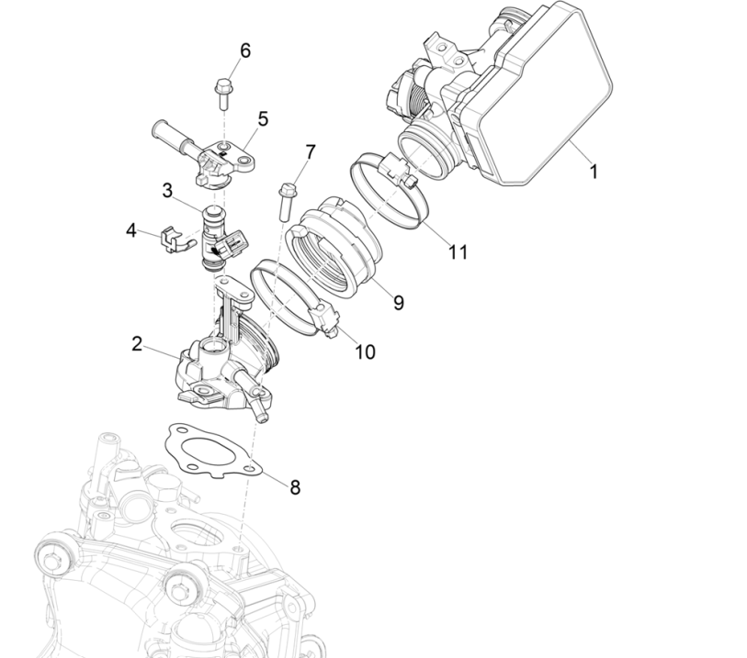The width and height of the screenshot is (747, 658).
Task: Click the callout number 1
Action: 593,171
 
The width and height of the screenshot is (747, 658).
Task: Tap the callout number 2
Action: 137,344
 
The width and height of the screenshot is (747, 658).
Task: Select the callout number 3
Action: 167,190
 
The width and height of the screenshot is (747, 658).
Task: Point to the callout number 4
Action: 131,230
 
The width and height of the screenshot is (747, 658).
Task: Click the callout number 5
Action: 262,118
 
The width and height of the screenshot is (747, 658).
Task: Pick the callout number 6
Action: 244,50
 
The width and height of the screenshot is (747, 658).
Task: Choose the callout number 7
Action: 310,151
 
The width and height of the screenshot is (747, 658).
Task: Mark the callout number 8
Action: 295,487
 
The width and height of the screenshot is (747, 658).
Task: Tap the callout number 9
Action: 398,302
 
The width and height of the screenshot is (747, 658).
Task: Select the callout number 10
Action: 365,351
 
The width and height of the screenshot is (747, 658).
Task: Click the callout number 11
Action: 457,251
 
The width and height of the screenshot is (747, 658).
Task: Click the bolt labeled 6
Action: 222,91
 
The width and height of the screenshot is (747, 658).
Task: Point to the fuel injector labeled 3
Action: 213,238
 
